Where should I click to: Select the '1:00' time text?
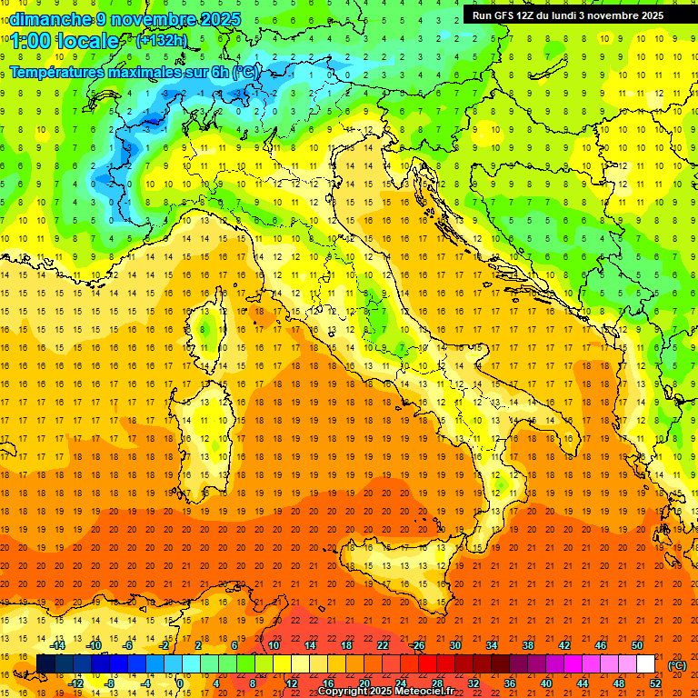(x=29, y=41)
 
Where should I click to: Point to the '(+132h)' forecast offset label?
(x=162, y=40)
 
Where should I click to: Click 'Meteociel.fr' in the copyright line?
(x=424, y=692)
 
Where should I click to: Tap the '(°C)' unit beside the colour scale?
(x=677, y=665)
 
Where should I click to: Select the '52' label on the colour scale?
(x=655, y=683)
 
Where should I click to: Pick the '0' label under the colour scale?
(x=180, y=683)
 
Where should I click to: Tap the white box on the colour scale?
(x=645, y=664)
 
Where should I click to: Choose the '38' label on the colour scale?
(x=528, y=645)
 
